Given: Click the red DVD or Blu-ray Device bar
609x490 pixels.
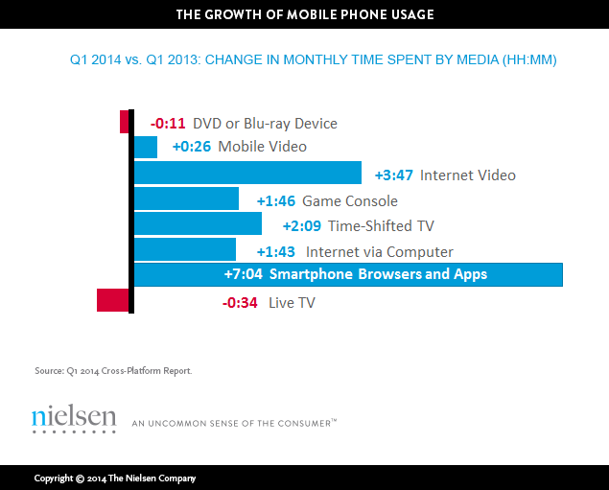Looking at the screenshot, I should pos(125,122).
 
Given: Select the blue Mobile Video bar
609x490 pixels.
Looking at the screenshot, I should pos(146,147).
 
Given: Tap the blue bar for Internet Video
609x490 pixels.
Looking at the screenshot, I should pos(247,173).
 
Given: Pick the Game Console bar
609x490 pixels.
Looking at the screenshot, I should pos(186,198).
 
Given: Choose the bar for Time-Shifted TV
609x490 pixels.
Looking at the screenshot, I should pos(198,224).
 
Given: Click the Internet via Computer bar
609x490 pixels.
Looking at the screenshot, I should pos(185,249).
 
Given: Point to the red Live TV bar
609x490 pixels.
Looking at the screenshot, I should pos(113,300).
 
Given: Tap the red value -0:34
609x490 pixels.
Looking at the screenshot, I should pos(241,303).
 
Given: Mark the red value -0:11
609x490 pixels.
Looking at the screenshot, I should pos(168,124).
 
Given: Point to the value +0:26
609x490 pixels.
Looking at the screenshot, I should pos(192,147).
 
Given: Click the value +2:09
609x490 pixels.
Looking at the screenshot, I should pos(301,226).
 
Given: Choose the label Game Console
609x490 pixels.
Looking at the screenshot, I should pos(349,201).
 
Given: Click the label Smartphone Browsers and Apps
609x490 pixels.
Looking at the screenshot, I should pos(378,275).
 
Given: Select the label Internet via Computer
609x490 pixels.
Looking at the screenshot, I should pos(379,252).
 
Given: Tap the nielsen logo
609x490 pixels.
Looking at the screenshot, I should pos(73,418).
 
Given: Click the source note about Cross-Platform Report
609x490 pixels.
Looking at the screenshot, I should pos(112,370).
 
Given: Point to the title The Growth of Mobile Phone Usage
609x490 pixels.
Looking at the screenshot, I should pos(304,13).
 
